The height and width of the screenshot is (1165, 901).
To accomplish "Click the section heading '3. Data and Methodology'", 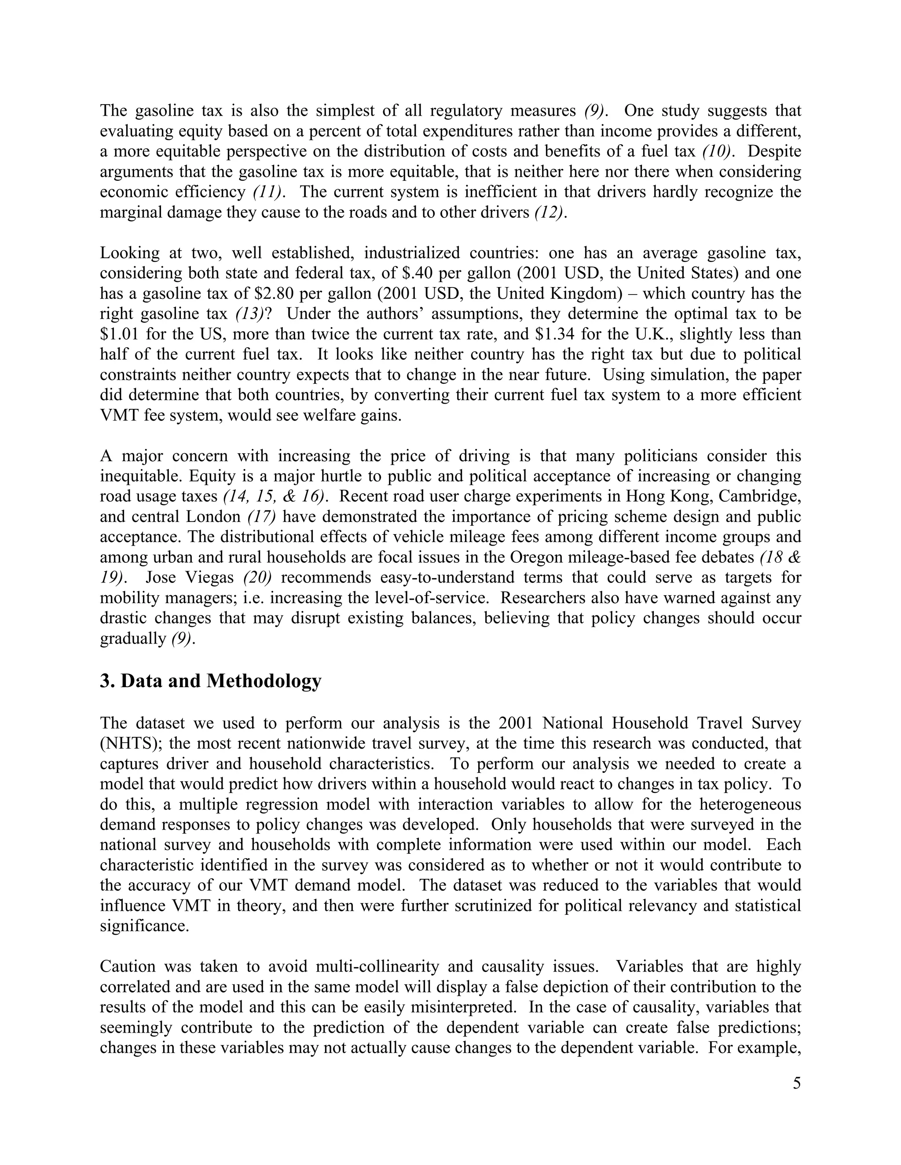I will [210, 681].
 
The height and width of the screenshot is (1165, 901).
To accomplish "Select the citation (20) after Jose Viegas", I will [258, 578].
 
